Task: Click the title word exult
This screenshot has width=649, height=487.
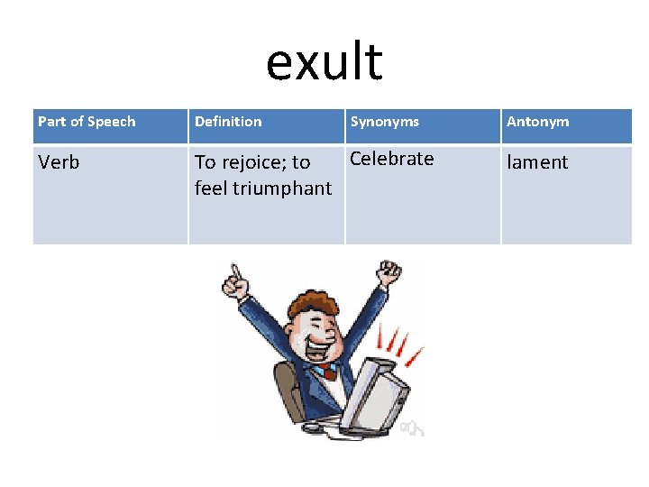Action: [x=324, y=62]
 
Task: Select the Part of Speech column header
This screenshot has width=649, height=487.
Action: [x=87, y=122]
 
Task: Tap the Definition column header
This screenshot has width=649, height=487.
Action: [x=228, y=122]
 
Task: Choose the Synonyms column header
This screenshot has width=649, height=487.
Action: [x=384, y=122]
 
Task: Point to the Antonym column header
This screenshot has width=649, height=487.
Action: [x=537, y=122]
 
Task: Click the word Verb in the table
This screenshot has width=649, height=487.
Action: [x=59, y=162]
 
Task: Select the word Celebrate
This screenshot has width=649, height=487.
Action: [x=391, y=159]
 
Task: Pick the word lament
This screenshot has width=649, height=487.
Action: [x=537, y=162]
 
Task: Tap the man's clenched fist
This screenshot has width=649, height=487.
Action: [x=389, y=272]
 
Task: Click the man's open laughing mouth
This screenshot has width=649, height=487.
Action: [x=314, y=345]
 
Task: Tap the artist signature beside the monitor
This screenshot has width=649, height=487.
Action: [x=413, y=425]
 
